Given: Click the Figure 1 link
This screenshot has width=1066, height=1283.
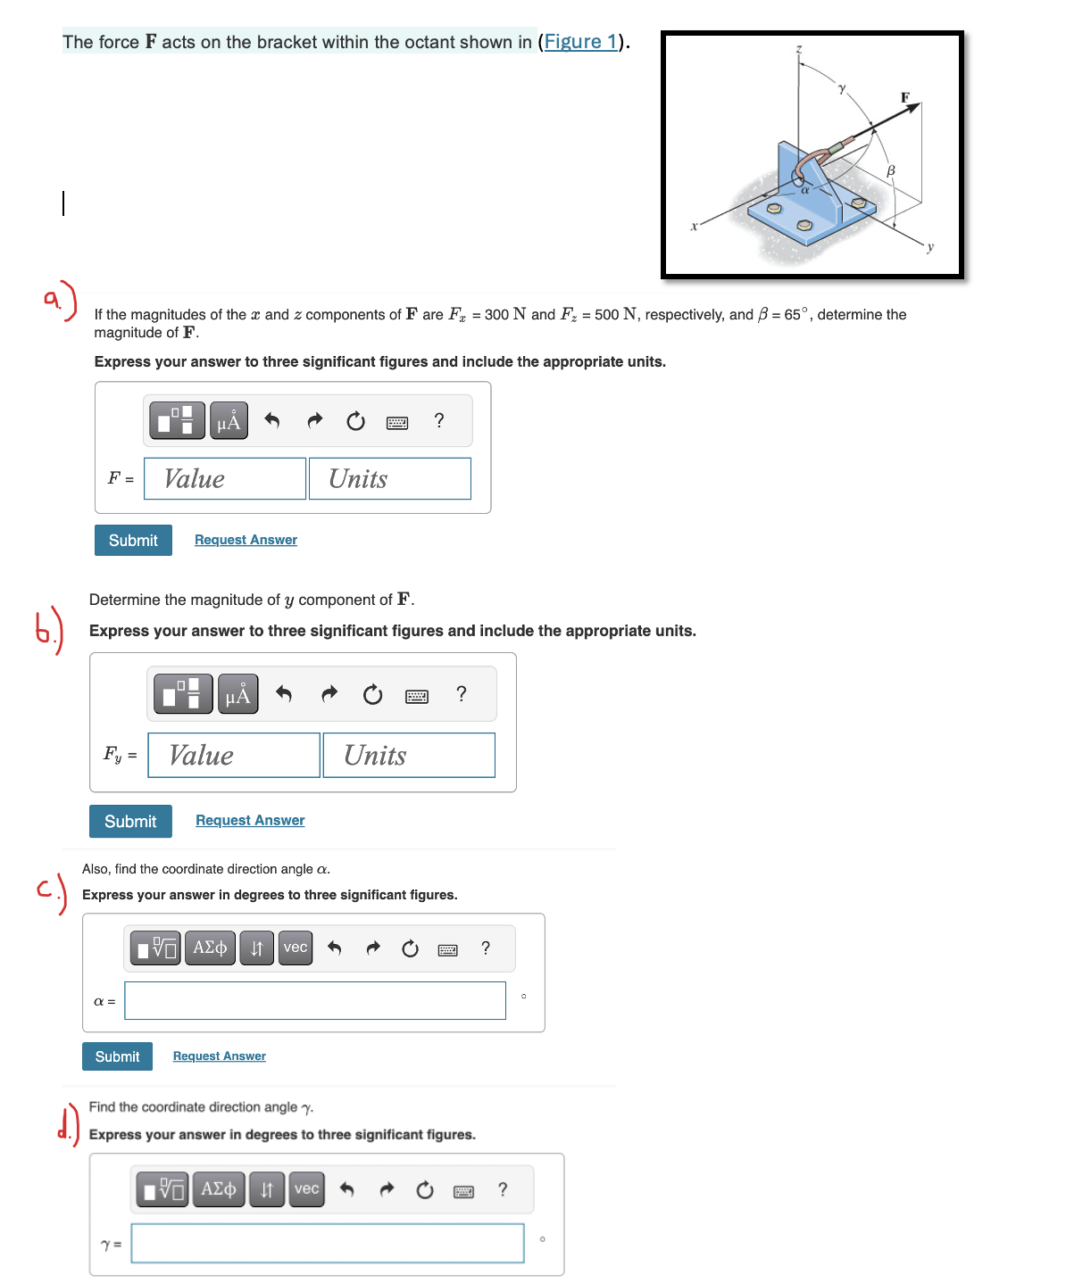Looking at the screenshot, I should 580,42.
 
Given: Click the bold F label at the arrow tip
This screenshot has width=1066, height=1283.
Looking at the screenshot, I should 904,97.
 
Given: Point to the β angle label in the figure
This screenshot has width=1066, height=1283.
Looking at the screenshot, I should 890,170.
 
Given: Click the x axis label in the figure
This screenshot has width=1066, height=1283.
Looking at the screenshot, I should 694,227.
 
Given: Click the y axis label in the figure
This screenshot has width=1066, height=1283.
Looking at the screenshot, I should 929,247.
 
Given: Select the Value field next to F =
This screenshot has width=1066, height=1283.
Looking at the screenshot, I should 225,479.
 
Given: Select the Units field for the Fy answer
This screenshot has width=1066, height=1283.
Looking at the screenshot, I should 409,756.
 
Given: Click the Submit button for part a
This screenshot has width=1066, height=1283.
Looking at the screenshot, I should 133,541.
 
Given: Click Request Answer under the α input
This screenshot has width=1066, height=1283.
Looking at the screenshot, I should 220,1056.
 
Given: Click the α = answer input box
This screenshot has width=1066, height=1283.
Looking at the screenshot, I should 315,1001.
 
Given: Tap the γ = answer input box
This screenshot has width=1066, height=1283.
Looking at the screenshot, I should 328,1244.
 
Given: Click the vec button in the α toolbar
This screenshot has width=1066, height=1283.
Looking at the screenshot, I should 296,948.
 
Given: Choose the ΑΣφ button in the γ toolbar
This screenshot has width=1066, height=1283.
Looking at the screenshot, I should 219,1189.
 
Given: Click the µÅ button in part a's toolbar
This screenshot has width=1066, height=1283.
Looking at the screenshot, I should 229,421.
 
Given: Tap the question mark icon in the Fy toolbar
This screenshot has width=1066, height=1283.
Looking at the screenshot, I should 461,694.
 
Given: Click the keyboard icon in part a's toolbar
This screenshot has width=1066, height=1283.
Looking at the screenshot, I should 397,422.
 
